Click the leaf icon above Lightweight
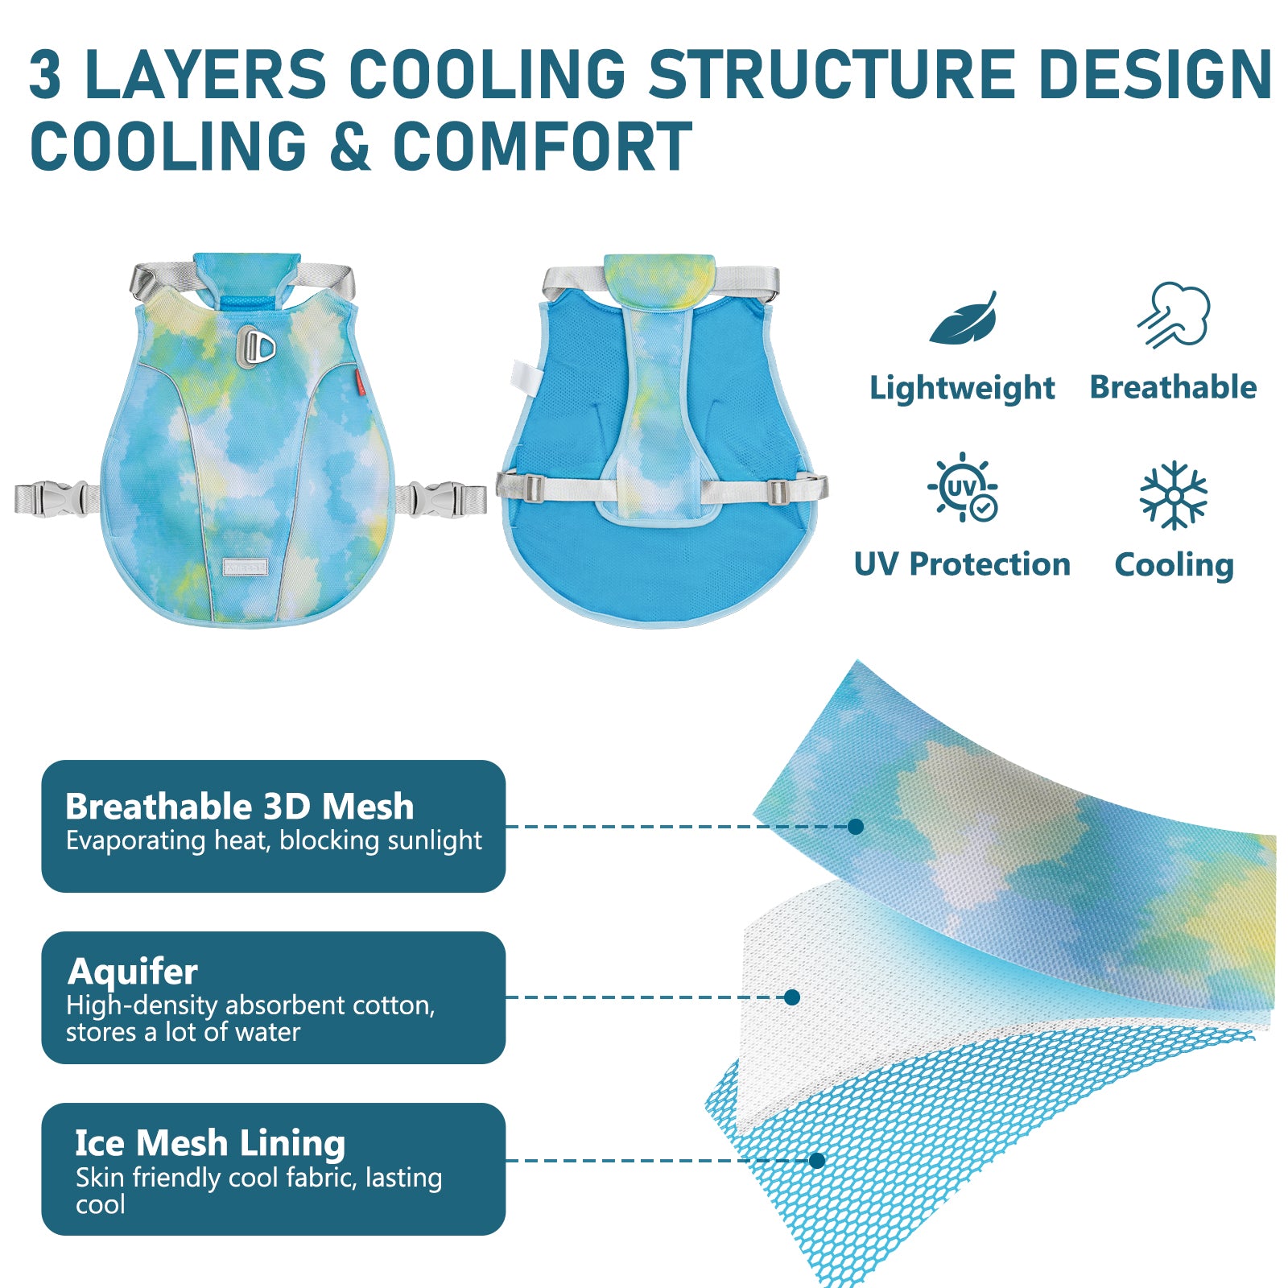(x=963, y=320)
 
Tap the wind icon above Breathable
(x=1174, y=315)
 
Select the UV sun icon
(x=963, y=487)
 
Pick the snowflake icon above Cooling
(x=1174, y=495)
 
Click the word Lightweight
(x=962, y=389)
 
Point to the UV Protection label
(x=962, y=564)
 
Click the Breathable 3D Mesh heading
(x=240, y=806)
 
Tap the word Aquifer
(x=133, y=972)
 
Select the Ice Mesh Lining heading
(x=210, y=1143)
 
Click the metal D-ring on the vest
(x=256, y=347)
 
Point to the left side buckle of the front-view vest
(x=53, y=498)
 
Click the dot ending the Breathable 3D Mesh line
(x=856, y=826)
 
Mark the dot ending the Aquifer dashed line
(x=792, y=997)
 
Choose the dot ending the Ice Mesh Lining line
(x=817, y=1160)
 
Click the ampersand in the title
(x=350, y=147)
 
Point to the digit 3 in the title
(x=45, y=74)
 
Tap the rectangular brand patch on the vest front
(x=245, y=566)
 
